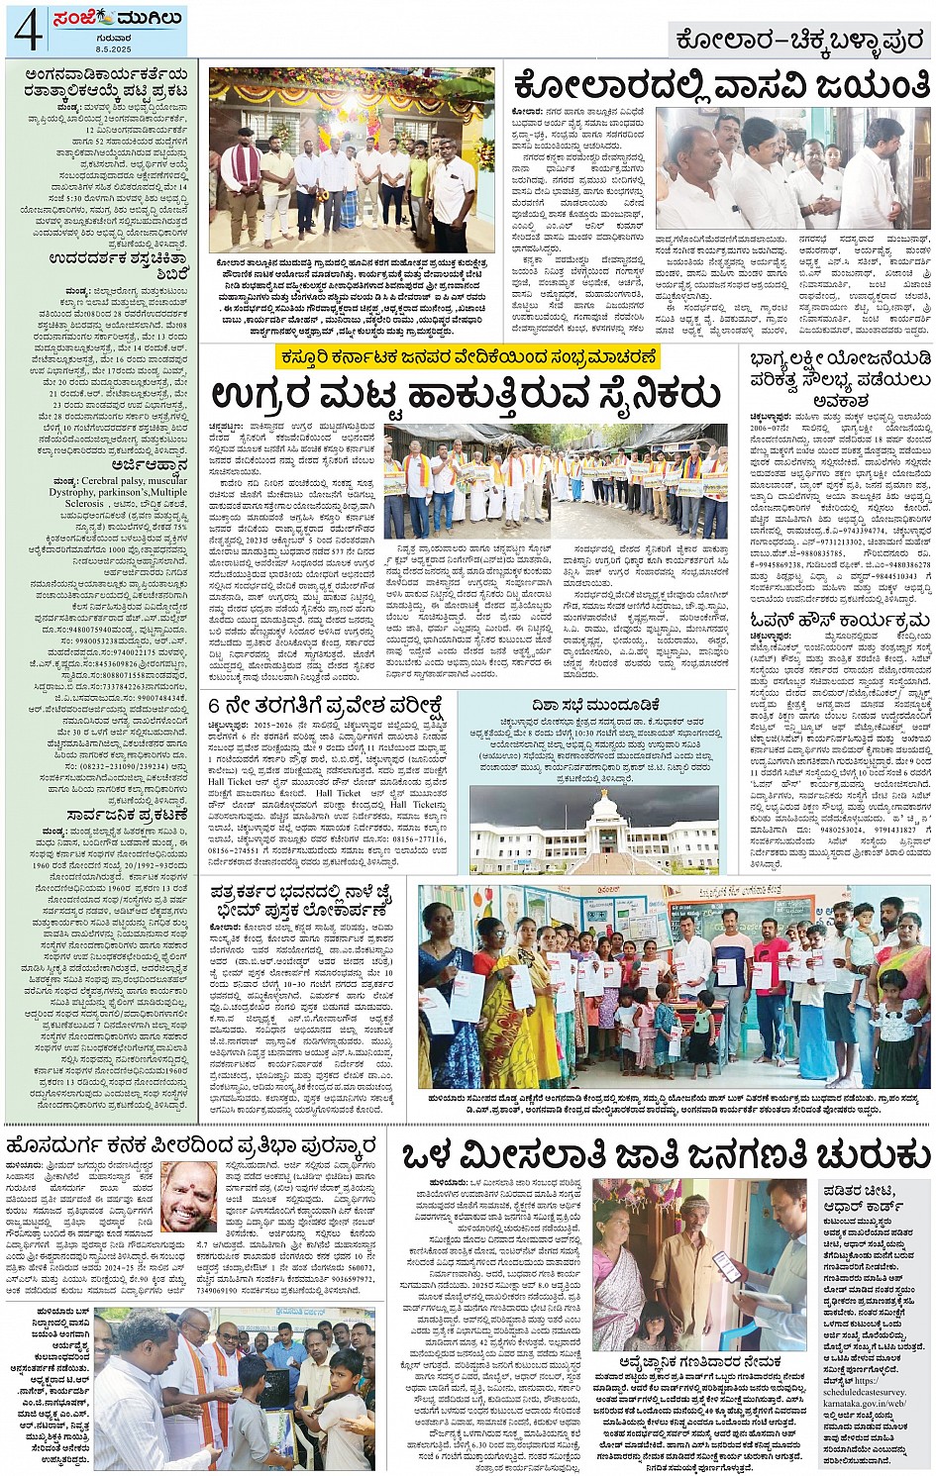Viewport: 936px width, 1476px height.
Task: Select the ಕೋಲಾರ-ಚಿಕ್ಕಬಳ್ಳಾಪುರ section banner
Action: (800, 40)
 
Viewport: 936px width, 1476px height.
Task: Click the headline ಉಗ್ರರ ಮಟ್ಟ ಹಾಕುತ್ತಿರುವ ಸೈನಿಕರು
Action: (465, 394)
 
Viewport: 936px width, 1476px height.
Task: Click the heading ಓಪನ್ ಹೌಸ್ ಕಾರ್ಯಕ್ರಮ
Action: (838, 620)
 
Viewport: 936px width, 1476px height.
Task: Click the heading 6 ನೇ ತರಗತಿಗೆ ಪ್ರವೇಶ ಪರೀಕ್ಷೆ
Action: (324, 706)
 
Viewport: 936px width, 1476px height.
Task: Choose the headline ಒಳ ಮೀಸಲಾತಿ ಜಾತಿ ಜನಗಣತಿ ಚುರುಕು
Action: (665, 1154)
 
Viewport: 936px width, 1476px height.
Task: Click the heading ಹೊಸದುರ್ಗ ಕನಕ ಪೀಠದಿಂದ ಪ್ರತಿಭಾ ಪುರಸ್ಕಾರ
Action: (190, 1145)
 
